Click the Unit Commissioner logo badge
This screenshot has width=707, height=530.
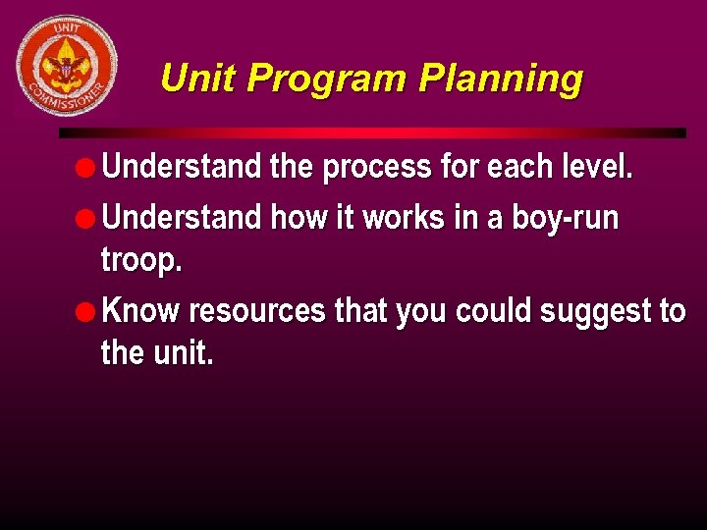point(66,66)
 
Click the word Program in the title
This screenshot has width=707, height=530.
point(328,78)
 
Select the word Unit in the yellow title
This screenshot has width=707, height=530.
point(198,78)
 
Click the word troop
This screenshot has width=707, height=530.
point(141,261)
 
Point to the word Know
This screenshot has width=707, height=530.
point(141,311)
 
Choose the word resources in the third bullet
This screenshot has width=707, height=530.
point(256,311)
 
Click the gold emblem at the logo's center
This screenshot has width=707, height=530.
point(66,64)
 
